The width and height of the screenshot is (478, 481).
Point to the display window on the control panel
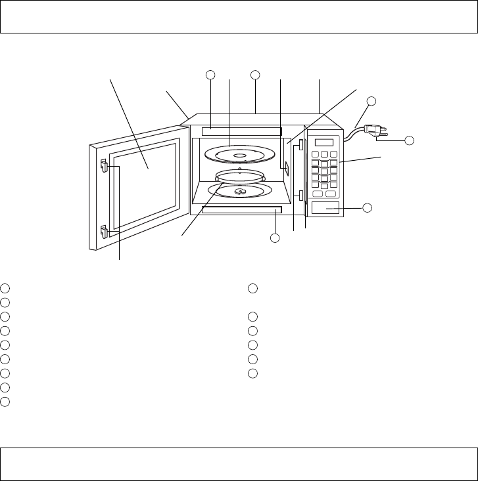click(324, 143)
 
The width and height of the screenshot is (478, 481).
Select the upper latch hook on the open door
click(104, 167)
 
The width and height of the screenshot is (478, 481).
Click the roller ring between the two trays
click(239, 177)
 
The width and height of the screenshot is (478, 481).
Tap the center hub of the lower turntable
click(239, 192)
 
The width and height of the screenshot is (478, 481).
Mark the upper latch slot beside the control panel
click(300, 144)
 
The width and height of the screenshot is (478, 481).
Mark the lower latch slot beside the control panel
click(300, 196)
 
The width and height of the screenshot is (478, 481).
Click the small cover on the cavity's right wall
click(287, 170)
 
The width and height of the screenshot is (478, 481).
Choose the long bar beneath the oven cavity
click(242, 210)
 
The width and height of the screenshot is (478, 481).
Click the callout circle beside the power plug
click(409, 140)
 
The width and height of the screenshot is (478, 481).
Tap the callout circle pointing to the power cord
click(371, 101)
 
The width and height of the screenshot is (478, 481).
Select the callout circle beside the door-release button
click(368, 208)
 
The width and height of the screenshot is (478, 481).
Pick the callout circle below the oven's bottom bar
click(274, 238)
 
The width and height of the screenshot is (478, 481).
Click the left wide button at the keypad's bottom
click(318, 193)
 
